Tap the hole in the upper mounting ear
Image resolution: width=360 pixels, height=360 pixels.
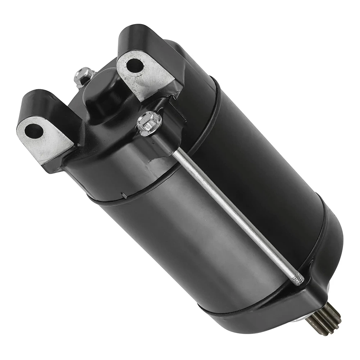[x=135, y=65]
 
